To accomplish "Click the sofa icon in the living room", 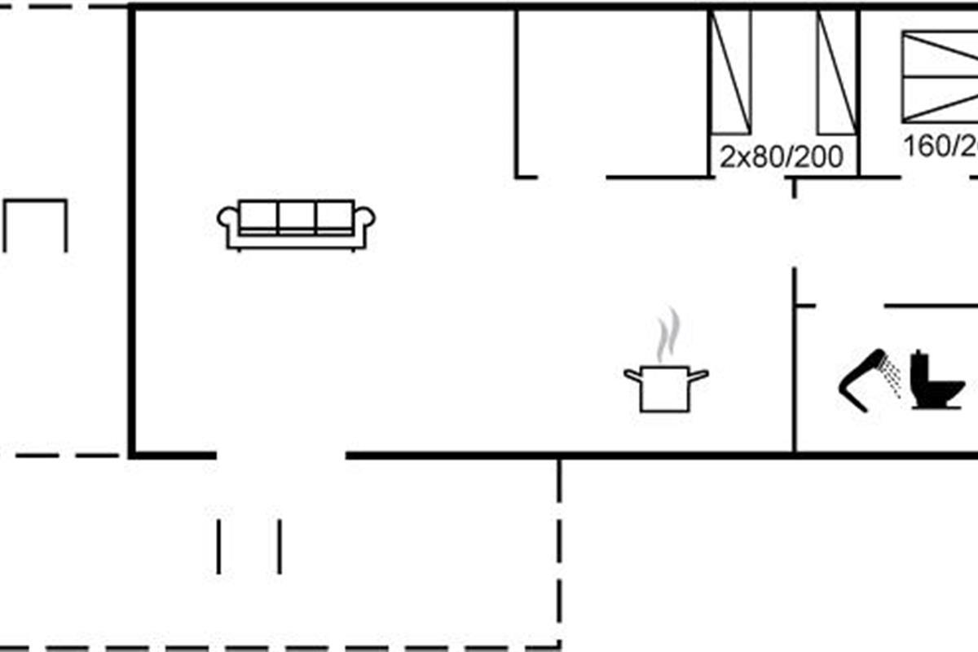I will pos(296,225).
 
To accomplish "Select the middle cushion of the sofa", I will pos(296,218).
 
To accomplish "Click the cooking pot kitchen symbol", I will pos(666,388).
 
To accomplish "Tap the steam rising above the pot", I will pos(667,334).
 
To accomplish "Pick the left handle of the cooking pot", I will pos(632,374).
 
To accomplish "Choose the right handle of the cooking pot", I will pos(699,374).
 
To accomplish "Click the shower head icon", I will pos(861,380).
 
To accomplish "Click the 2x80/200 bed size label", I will pos(781,156).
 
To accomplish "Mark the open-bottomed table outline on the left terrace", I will pos(35,224).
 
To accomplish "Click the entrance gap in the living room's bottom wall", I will pos(281,455).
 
